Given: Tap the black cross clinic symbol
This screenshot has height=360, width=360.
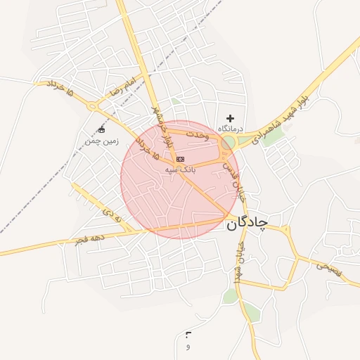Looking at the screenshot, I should [230, 117].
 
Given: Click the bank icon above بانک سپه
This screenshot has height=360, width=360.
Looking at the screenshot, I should [180, 160].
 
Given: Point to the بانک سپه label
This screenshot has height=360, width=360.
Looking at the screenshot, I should [180, 169].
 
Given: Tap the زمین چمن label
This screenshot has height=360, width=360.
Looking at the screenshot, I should [98, 141].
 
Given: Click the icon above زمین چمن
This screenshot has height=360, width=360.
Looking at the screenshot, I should [101, 130].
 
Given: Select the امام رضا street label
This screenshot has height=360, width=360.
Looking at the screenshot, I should [120, 88].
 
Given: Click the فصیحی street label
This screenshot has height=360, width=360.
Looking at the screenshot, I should [328, 267].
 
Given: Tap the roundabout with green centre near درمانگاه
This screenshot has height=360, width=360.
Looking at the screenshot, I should [229, 143].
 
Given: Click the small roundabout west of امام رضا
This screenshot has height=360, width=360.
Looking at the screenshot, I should [92, 106].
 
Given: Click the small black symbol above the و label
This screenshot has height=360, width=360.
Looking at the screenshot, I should [188, 334].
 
